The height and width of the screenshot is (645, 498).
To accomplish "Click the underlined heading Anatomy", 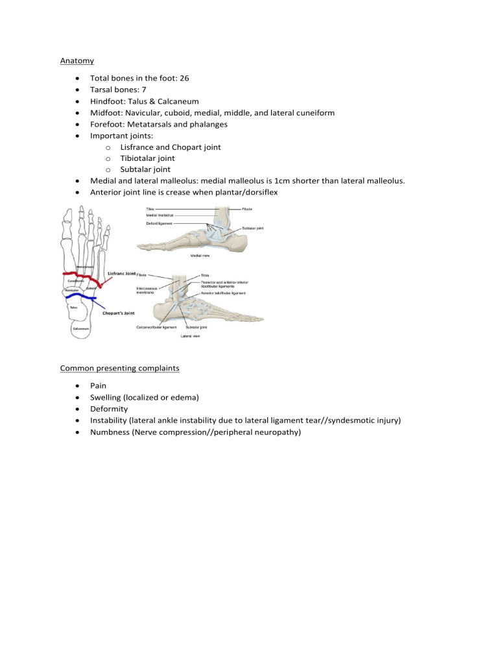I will point(77,61).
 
